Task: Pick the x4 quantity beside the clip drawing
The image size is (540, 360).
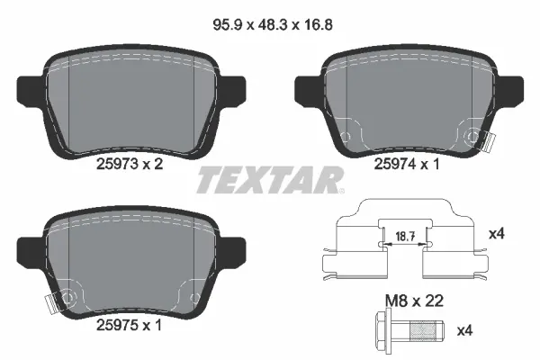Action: tap(494, 234)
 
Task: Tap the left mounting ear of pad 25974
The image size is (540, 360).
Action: tap(302, 87)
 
